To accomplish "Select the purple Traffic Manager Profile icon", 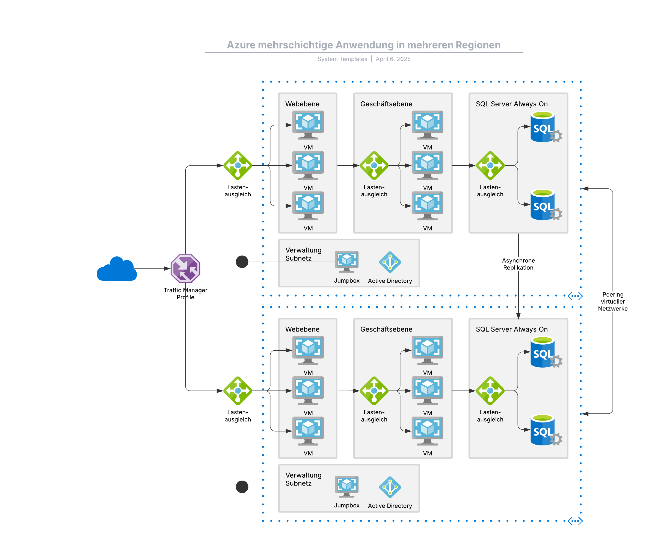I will point(185,268).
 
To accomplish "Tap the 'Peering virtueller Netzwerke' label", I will point(613,301).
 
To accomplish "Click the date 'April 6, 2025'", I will point(393,59).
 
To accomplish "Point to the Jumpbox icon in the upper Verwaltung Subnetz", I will point(346,261).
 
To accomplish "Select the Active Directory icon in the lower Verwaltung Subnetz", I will point(390,487).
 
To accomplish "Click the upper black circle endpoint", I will point(242,262).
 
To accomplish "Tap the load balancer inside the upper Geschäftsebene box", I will point(374,165).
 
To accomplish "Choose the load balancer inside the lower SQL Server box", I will point(490,391).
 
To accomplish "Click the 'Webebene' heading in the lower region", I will point(302,329).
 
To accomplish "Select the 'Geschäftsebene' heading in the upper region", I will point(386,104).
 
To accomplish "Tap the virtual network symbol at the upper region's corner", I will point(575,296).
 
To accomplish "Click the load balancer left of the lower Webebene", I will point(238,391).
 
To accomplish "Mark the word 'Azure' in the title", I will point(241,45).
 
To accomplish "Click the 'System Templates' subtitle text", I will point(342,59).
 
